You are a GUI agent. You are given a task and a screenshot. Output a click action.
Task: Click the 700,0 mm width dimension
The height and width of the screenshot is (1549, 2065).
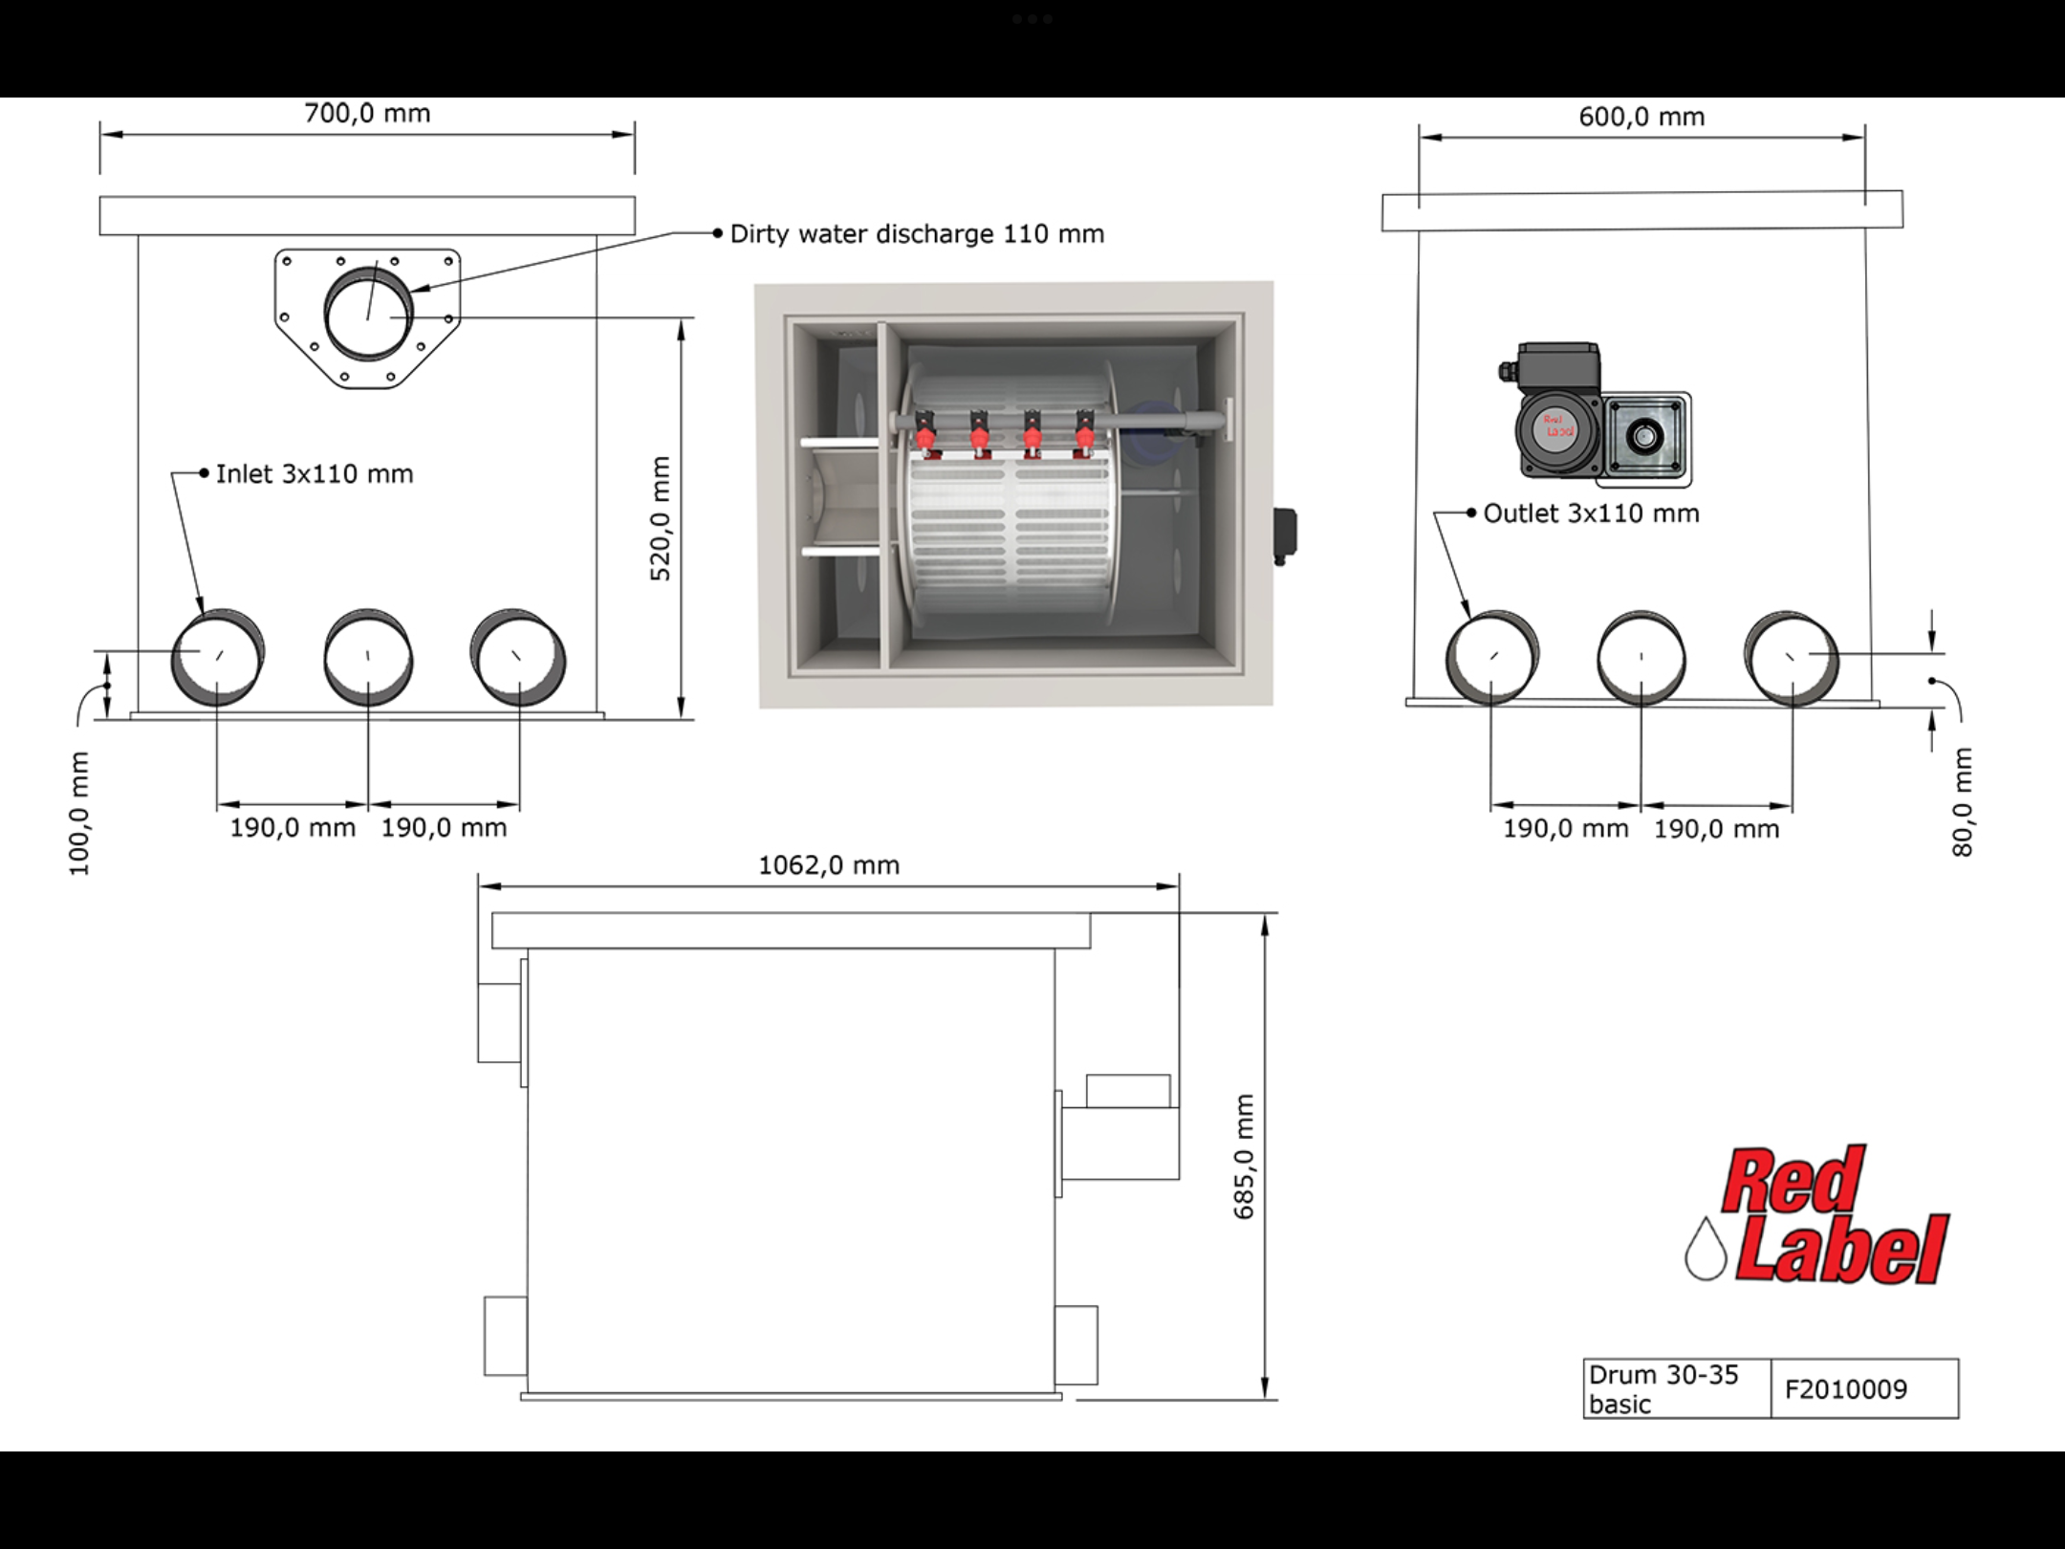coord(367,114)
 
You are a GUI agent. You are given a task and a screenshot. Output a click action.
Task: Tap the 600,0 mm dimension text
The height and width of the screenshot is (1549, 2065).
coord(1641,117)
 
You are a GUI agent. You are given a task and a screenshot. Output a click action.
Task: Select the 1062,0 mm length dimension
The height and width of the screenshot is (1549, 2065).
coord(829,865)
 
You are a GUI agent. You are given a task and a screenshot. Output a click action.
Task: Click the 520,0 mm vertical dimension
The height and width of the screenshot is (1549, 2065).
coord(661,518)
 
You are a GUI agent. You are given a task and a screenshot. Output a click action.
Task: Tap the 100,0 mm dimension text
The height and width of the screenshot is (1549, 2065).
coord(78,814)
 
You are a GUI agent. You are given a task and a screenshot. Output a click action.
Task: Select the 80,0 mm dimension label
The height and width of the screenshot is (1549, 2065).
coord(1962,801)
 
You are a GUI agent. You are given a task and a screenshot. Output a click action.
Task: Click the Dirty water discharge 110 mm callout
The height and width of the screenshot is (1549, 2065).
coord(917,234)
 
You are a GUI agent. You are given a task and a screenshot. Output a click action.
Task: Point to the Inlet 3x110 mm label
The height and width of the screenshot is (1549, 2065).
coord(315,474)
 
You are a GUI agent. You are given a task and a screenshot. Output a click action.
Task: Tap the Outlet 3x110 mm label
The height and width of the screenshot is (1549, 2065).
coord(1591,513)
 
